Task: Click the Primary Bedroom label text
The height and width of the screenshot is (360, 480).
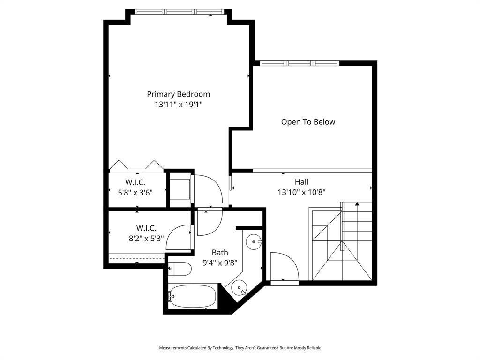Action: pos(178,94)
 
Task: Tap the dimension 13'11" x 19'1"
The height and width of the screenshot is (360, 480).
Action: pos(178,105)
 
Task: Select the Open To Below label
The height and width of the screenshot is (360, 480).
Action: pos(308,122)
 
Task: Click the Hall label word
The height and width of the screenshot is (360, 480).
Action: pos(301,182)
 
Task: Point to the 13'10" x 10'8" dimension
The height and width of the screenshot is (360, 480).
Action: pos(301,192)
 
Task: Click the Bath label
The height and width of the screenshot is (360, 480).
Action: pos(220,253)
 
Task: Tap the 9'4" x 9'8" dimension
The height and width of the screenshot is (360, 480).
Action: pos(220,263)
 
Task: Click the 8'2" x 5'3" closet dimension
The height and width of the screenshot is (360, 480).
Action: pos(146,238)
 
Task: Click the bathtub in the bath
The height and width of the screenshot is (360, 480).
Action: pos(193,296)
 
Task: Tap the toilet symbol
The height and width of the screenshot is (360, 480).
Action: pos(180,269)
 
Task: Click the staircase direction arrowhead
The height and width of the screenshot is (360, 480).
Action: pos(357,204)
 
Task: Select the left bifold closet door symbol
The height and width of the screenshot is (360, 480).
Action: pos(119,165)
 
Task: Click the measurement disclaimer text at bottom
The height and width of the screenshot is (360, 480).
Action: pos(240,348)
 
